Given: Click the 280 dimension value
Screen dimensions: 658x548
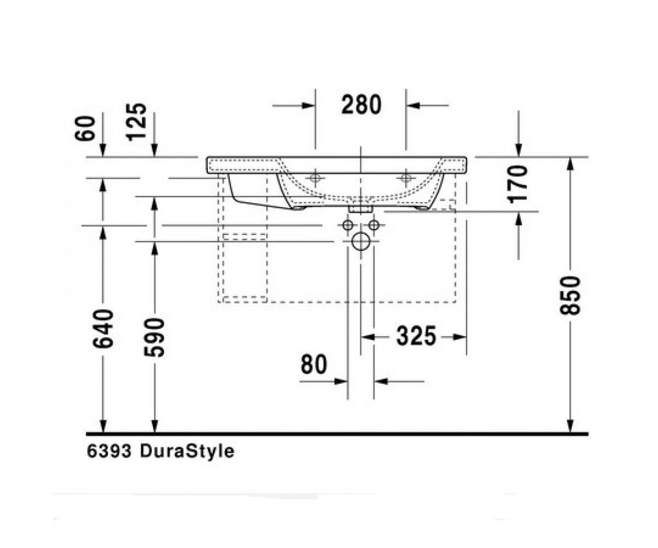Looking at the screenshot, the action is coord(361,105).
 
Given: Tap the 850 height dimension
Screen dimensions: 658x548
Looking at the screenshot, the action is coord(570,295).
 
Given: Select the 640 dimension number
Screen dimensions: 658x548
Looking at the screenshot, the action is coord(103,329).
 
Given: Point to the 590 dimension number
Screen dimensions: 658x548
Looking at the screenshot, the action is coord(154,338).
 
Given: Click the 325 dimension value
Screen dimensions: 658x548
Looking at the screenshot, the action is coord(416,336).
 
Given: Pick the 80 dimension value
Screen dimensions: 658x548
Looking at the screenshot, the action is coord(314,364).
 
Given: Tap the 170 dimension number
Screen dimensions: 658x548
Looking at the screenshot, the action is coord(518,184).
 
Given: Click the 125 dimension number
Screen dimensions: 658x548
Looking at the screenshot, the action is coord(136,121).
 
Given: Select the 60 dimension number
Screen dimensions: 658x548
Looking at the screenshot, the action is coord(85,128).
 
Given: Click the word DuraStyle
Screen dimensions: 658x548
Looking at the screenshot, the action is coord(187,452).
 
